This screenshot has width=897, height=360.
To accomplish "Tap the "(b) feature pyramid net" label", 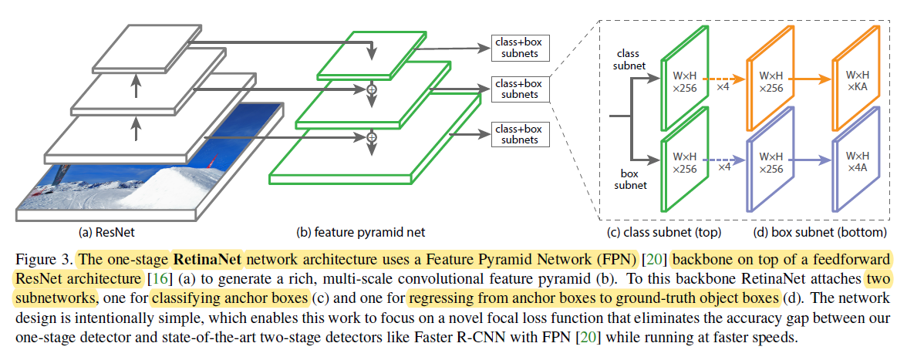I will [x=361, y=230].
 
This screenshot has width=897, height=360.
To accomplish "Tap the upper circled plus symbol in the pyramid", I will [x=372, y=90].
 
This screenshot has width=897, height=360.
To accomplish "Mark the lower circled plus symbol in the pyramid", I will [x=372, y=137].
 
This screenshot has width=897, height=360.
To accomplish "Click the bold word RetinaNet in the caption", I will [x=207, y=257].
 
